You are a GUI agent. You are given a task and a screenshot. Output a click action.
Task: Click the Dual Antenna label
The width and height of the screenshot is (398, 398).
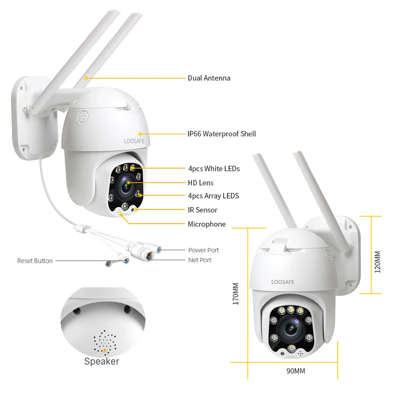tap(209, 78)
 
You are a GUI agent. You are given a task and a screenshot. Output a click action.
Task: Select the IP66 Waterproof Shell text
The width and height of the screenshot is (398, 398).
tap(222, 134)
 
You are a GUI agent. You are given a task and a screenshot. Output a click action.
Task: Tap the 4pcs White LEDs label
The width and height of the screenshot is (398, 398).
tap(214, 169)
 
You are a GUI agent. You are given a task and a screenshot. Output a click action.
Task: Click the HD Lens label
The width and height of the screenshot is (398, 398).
tap(201, 183)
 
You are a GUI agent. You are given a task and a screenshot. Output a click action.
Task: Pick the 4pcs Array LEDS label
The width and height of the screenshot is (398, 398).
tap(213, 196)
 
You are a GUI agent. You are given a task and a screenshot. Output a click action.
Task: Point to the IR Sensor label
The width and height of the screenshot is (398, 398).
tap(203, 210)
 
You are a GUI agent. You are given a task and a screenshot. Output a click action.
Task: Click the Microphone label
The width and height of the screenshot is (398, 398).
tap(207, 224)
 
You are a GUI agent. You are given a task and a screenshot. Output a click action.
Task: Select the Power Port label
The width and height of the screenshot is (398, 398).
tap(203, 250)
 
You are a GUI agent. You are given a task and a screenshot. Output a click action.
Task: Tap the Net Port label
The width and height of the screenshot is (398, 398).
tap(200, 260)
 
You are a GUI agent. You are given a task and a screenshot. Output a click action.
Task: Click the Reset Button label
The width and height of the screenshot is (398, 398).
tap(35, 261)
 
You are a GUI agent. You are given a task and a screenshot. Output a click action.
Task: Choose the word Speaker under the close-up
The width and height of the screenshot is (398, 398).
tap(101, 361)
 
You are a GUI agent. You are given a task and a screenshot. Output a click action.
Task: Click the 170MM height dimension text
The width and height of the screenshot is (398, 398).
tap(236, 294)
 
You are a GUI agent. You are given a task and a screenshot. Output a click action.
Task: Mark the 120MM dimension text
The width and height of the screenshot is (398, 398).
tap(378, 261)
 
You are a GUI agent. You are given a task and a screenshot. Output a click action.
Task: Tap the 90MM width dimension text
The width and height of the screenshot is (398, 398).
tap(296, 371)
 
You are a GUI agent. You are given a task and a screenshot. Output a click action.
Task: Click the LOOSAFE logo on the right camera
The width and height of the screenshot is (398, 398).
tap(283, 282)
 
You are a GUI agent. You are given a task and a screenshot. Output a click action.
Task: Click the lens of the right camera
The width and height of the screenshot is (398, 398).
tap(291, 327)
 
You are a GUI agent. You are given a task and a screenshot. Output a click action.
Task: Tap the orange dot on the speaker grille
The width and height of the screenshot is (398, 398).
tap(105, 351)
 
